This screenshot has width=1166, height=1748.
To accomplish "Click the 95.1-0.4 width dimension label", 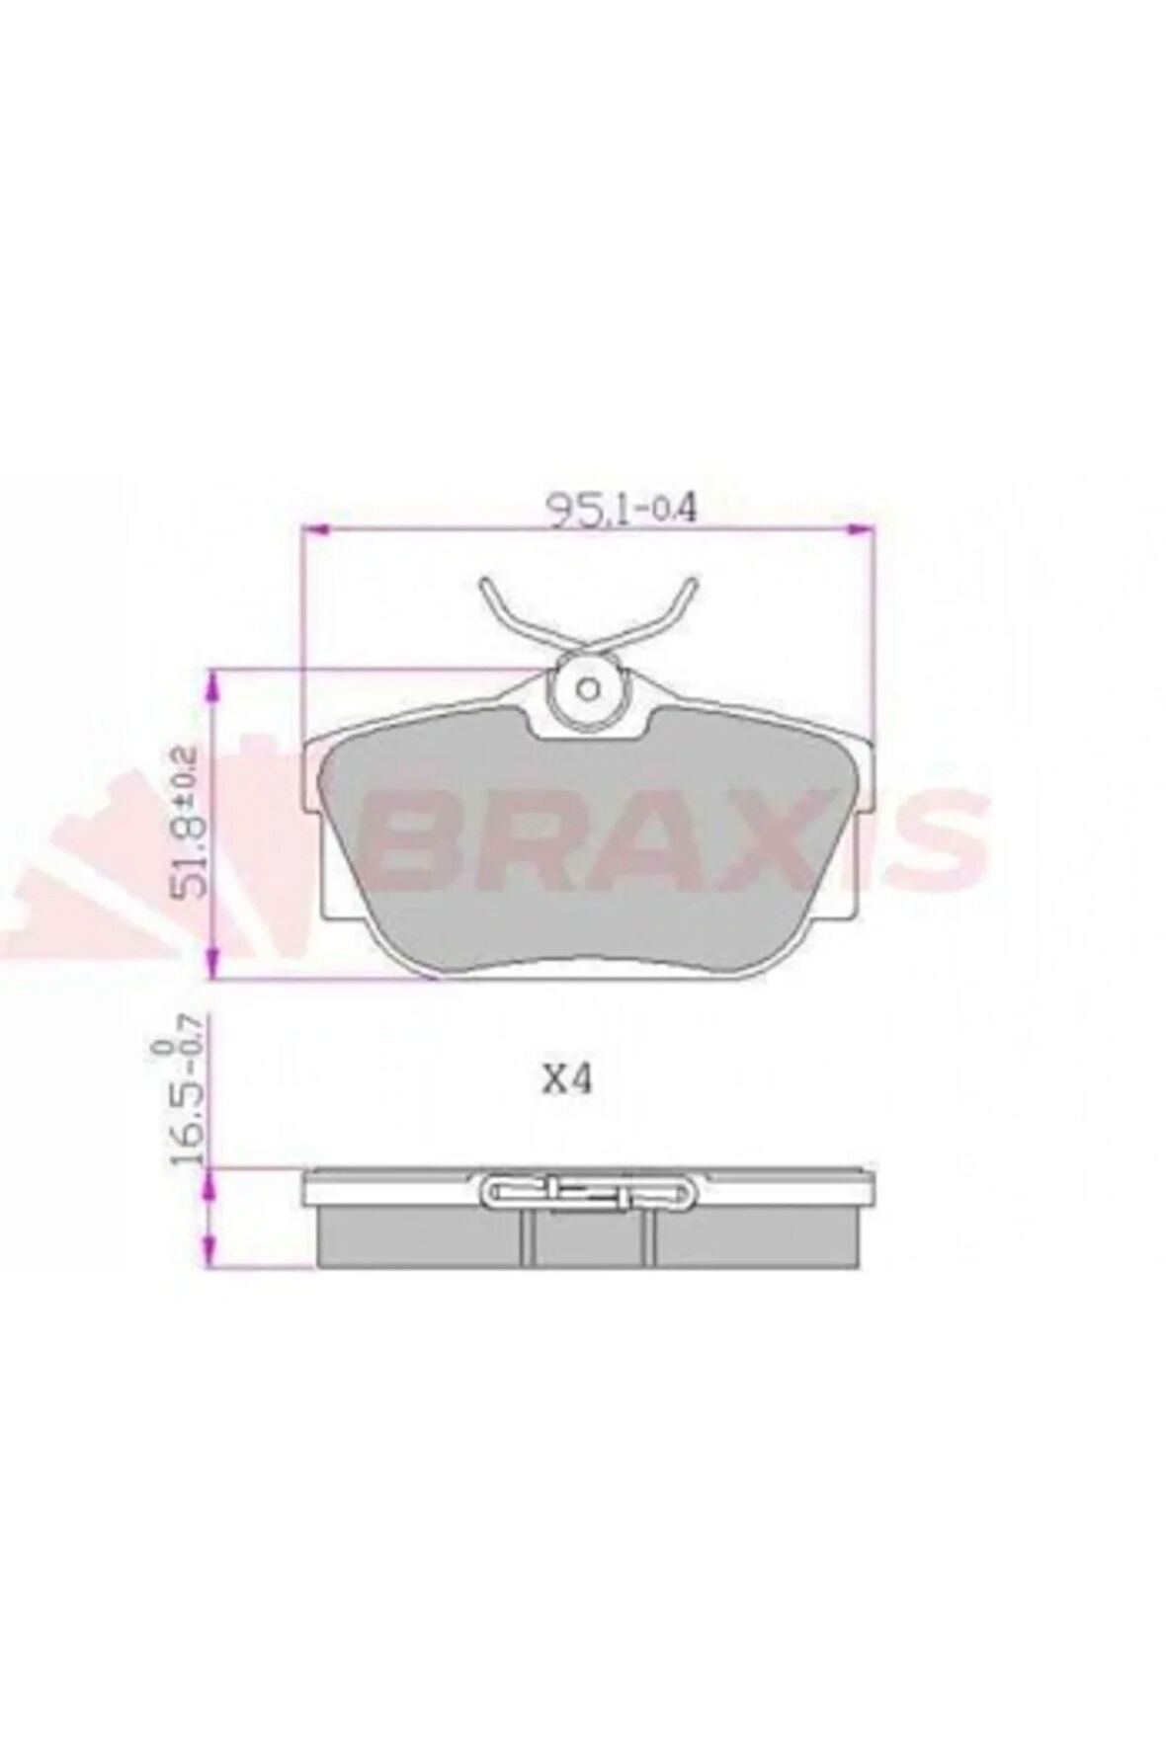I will (624, 511).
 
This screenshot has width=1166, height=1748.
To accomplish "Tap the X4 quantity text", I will (566, 1081).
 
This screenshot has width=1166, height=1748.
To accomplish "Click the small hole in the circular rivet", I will (590, 687).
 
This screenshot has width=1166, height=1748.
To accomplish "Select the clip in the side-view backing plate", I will (589, 1193).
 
